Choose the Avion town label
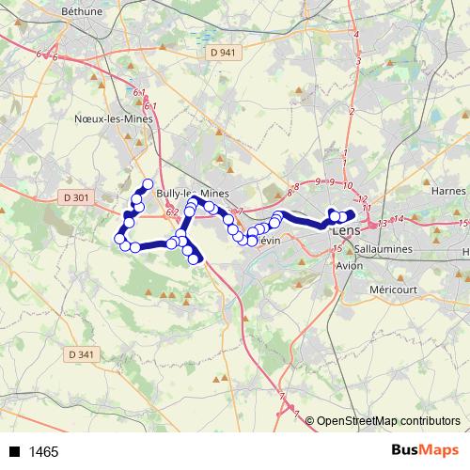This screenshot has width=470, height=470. [349, 266]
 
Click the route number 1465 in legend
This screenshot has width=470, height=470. [43, 452]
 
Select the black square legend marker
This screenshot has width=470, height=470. [15, 452]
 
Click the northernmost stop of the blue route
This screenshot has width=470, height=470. [147, 184]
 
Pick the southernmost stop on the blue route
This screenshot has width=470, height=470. [196, 258]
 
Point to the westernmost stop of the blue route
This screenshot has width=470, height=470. [119, 239]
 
